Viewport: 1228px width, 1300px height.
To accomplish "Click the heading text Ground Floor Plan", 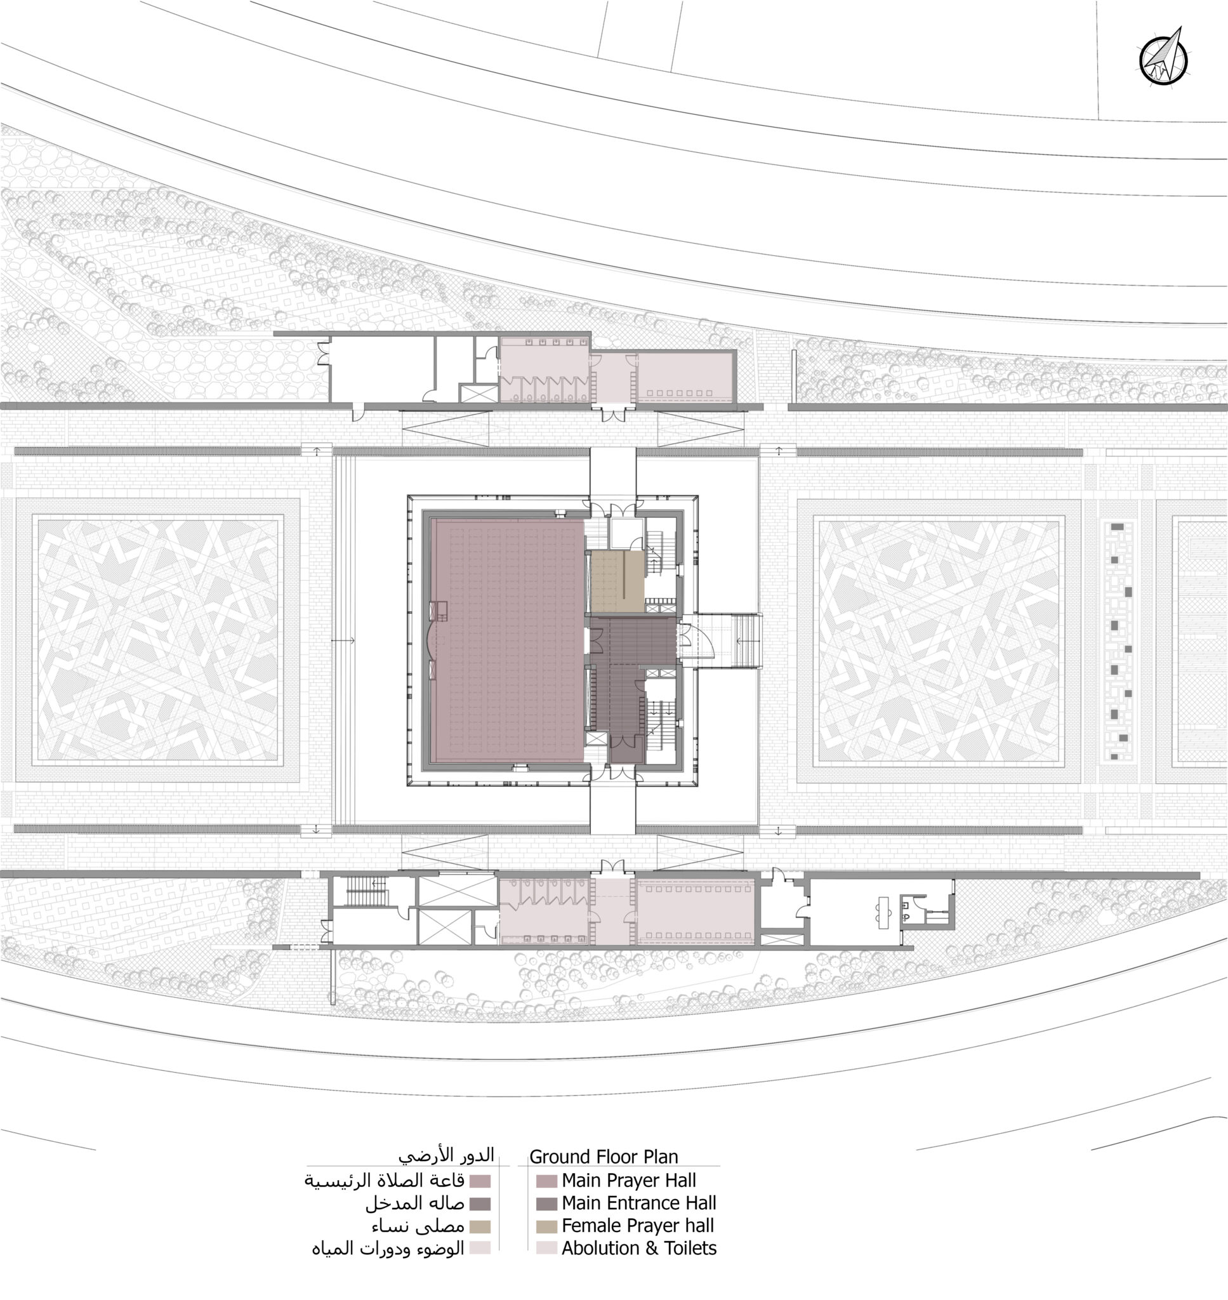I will tap(604, 1157).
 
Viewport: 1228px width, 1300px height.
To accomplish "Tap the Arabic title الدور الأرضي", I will tap(446, 1154).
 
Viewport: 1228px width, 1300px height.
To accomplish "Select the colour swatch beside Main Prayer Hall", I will tap(546, 1181).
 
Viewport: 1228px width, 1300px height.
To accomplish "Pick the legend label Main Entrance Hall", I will tap(638, 1203).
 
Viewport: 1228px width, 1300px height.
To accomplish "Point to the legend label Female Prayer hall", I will tap(637, 1225).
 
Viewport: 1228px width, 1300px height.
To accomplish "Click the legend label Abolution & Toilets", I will tap(638, 1249).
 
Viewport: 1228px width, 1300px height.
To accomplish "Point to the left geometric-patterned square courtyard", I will tap(157, 640).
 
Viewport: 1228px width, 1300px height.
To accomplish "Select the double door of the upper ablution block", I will tap(612, 415).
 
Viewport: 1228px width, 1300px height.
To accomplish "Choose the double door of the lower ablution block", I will tap(612, 866).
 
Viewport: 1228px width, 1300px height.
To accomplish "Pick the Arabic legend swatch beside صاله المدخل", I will tap(480, 1204).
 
